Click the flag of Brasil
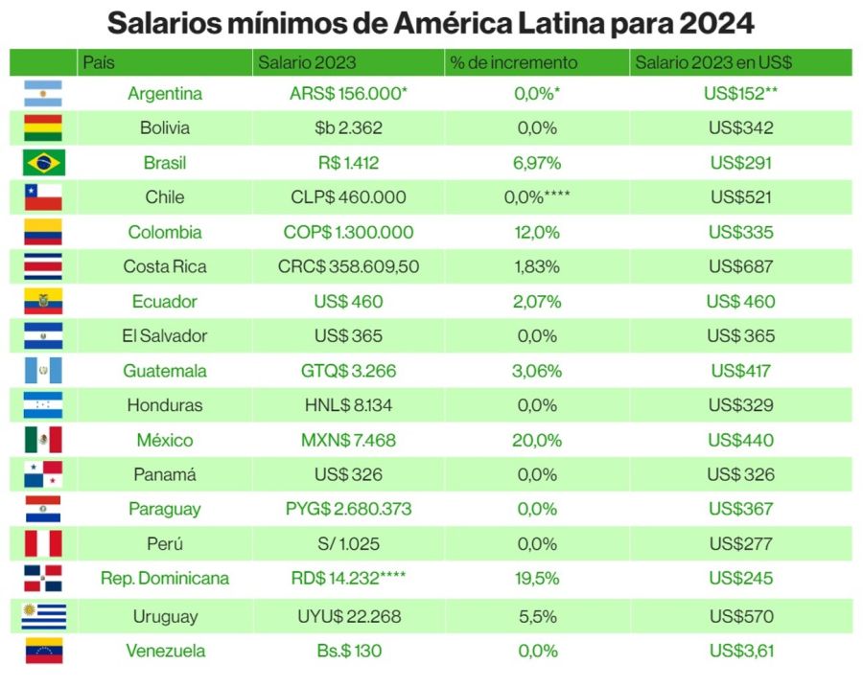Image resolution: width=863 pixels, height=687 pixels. tap(43, 163)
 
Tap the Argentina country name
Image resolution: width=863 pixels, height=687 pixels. tap(165, 94)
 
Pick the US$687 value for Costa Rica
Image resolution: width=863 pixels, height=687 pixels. tap(741, 266)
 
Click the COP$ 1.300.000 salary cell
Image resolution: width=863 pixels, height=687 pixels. tap(348, 232)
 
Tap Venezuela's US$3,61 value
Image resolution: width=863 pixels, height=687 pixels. tap(741, 652)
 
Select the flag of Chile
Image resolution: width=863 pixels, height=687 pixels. tap(43, 197)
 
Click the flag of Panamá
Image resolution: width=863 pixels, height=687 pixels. tap(43, 474)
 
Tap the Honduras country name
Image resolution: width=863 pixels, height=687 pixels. tap(165, 405)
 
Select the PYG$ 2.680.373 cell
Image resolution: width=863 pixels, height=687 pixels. tap(348, 510)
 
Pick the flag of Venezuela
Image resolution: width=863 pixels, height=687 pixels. tap(43, 652)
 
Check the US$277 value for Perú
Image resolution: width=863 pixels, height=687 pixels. tap(741, 544)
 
